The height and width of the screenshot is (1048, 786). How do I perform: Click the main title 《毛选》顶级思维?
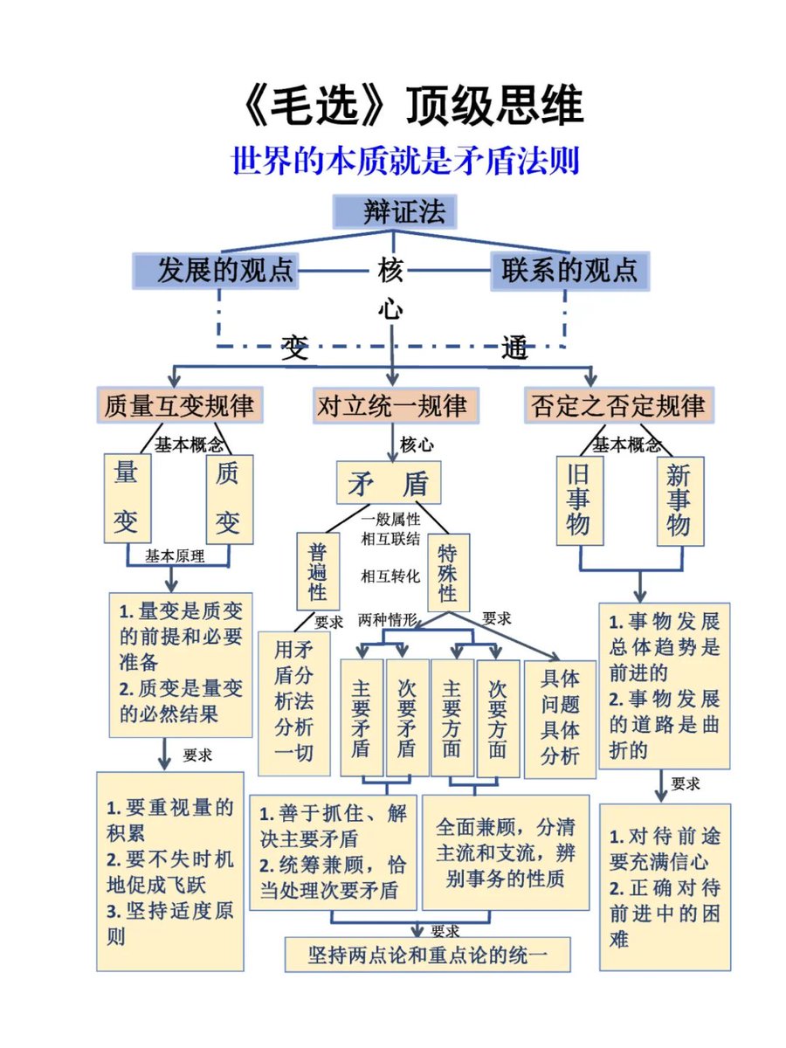click(410, 107)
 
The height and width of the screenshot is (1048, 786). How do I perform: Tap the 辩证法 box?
click(395, 212)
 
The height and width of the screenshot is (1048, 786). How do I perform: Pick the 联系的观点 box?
click(569, 270)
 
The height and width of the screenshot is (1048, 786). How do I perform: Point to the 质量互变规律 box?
click(179, 406)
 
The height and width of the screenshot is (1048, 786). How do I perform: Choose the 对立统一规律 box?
click(394, 406)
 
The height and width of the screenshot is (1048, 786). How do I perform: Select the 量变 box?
click(127, 498)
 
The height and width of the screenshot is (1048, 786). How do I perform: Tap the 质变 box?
click(229, 498)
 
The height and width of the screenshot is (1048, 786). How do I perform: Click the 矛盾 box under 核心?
click(389, 483)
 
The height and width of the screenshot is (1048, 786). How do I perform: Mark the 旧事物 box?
click(579, 500)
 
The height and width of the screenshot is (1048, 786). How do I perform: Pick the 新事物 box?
click(679, 500)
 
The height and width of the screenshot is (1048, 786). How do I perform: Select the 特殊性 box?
click(448, 572)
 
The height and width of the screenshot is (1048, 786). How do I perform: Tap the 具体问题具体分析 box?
click(560, 718)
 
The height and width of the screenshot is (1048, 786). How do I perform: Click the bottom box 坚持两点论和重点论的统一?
click(428, 955)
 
